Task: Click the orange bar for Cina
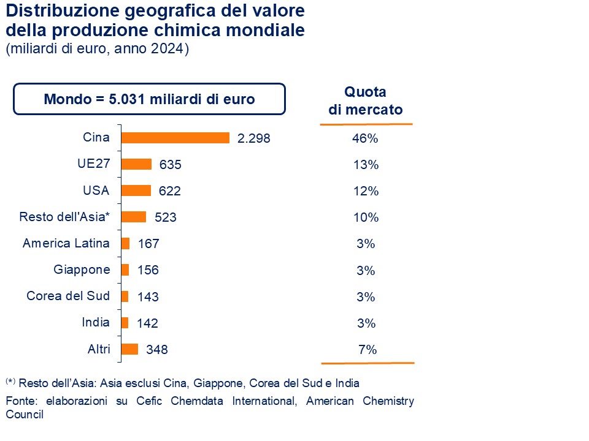click(x=175, y=138)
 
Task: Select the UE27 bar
click(x=136, y=164)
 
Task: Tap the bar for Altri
click(x=129, y=349)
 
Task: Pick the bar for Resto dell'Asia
click(x=134, y=217)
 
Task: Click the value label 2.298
click(x=253, y=138)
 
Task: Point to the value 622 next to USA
click(x=170, y=191)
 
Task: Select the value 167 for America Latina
click(x=148, y=244)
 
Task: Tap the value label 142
click(x=148, y=323)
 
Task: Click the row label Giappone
click(x=82, y=269)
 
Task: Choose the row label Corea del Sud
click(x=68, y=296)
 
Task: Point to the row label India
click(x=96, y=322)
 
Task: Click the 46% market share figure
click(x=365, y=138)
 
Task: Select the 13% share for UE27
click(x=365, y=165)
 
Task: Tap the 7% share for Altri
click(x=367, y=350)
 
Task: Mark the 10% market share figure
click(x=365, y=217)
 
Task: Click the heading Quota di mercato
click(x=365, y=101)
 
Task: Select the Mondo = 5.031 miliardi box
click(x=149, y=99)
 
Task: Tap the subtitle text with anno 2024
click(x=97, y=50)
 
